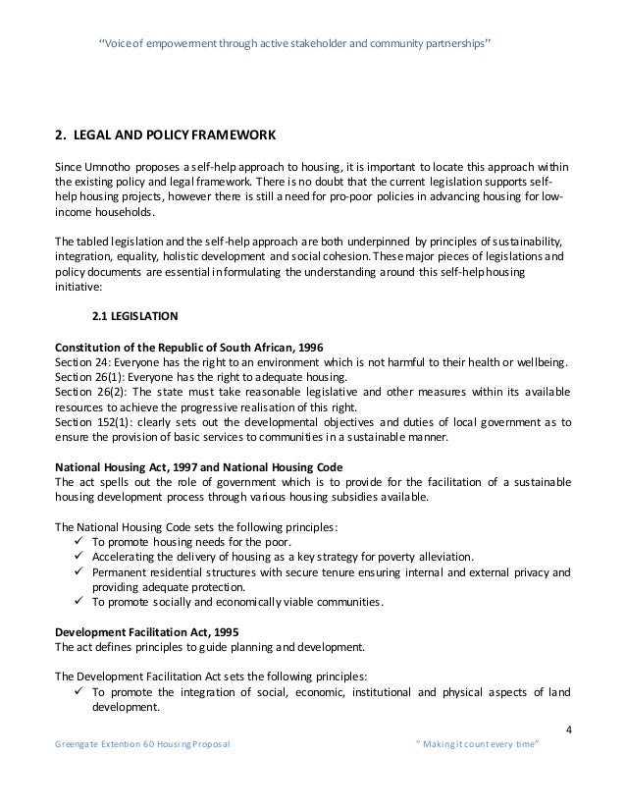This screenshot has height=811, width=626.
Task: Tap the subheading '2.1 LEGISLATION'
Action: click(130, 317)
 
